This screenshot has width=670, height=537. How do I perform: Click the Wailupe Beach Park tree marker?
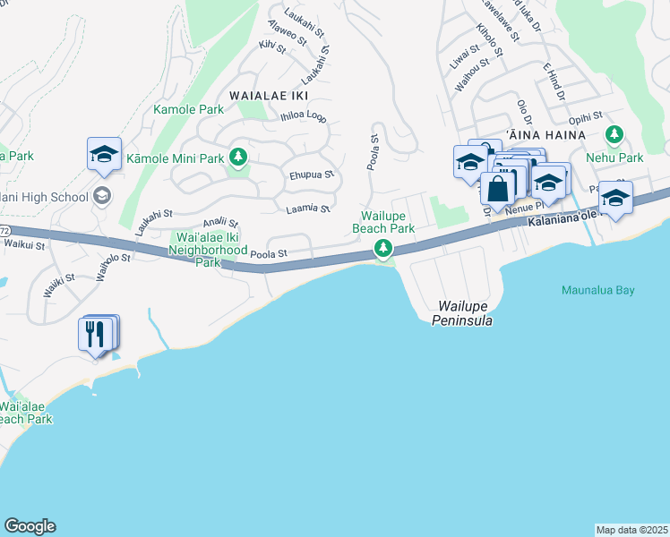(383, 248)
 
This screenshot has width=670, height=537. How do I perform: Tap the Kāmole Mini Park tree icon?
(237, 158)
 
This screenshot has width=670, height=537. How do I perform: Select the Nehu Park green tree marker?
(614, 136)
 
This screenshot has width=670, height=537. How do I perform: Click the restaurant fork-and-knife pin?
(95, 335)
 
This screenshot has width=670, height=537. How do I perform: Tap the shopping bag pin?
(498, 188)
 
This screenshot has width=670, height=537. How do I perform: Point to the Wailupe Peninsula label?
(462, 312)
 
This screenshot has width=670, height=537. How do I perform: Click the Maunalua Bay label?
(597, 290)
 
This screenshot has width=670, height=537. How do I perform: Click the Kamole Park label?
(188, 109)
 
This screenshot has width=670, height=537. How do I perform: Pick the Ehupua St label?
(311, 175)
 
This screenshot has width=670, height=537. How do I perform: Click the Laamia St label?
(308, 209)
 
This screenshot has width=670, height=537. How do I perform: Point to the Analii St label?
(220, 222)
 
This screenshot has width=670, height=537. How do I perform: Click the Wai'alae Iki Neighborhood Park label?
(208, 250)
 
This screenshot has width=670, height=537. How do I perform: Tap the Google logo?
(30, 526)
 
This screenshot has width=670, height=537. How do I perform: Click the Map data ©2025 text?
(631, 530)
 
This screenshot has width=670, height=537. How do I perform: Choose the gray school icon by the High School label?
(102, 196)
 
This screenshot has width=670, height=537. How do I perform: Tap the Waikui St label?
(24, 243)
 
